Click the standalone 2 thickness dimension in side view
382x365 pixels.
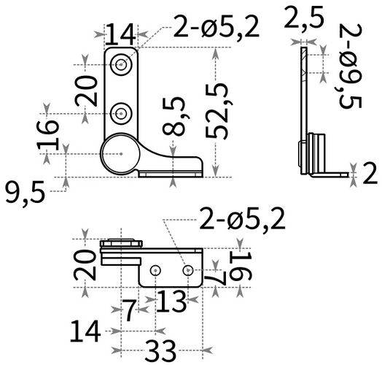(368, 174)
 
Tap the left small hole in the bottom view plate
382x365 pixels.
(155, 271)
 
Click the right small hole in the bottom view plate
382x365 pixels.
(188, 271)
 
